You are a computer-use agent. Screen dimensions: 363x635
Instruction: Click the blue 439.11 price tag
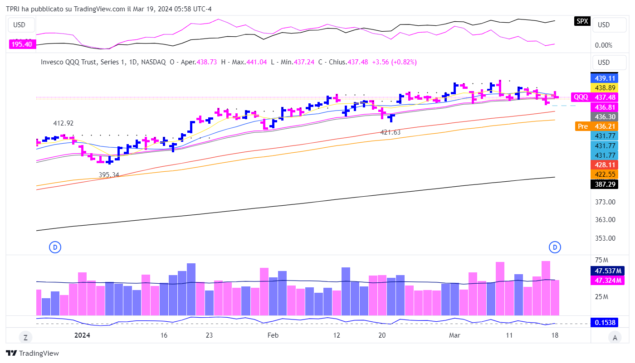604,78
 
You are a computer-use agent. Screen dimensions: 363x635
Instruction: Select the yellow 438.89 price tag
604,87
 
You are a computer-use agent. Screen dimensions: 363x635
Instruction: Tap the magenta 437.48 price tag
604,97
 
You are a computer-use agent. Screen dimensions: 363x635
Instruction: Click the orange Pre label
582,126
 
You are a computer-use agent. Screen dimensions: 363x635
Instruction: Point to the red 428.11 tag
604,165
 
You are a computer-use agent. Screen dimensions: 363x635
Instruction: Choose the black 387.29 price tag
604,184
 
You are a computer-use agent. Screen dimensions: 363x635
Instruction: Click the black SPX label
582,21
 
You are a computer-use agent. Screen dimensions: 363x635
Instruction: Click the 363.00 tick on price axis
605,220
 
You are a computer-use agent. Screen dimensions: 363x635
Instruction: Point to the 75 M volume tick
601,260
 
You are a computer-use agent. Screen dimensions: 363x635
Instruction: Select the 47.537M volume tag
607,271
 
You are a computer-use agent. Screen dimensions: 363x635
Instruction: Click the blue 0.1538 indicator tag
605,323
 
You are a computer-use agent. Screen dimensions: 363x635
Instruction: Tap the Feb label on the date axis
273,335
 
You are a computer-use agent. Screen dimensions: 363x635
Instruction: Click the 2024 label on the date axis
82,335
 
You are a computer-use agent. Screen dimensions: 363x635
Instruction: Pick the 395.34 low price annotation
109,174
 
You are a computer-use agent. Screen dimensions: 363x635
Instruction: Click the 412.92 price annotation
63,123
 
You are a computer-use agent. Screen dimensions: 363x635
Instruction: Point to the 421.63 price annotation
390,132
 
